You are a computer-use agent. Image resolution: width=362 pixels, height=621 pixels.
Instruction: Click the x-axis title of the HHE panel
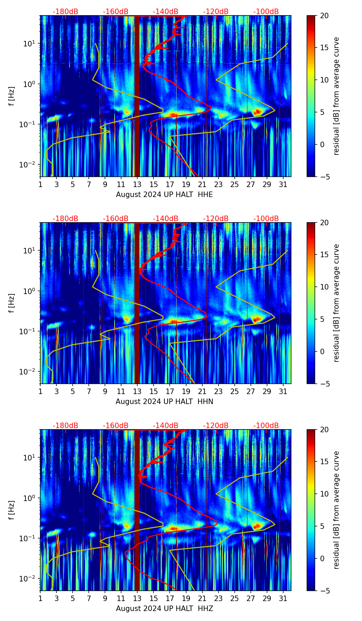[x=164, y=195]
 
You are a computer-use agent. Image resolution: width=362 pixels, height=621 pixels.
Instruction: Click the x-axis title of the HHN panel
[x=164, y=402]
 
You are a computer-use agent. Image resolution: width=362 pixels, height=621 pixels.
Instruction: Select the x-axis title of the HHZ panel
[x=164, y=609]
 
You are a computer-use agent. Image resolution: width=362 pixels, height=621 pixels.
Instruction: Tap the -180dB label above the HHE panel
[x=65, y=12]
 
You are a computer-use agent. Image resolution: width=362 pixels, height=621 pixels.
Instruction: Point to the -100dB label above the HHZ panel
[x=266, y=426]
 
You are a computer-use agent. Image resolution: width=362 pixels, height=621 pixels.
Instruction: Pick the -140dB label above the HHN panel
[x=166, y=219]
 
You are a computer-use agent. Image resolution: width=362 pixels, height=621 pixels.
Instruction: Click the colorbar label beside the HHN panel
[x=337, y=303]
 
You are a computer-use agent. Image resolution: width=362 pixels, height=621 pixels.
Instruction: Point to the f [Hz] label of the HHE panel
[x=12, y=96]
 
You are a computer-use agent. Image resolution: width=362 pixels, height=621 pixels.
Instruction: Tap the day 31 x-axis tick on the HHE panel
[x=283, y=184]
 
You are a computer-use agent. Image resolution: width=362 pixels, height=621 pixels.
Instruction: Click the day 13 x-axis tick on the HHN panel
[x=137, y=391]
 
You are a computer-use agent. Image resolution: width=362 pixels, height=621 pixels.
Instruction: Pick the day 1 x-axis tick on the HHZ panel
[x=41, y=598]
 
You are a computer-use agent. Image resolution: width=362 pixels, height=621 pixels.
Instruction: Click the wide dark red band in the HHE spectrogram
[x=137, y=96]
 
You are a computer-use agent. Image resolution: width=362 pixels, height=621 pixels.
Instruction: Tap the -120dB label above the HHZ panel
[x=216, y=426]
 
